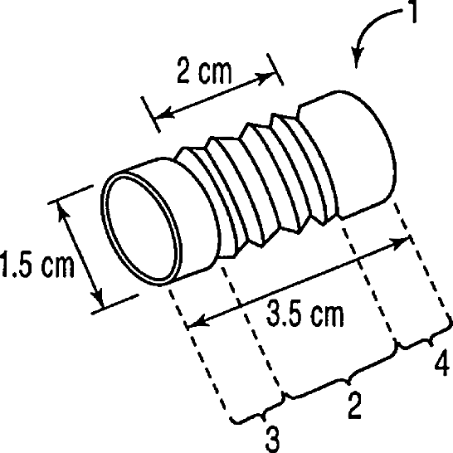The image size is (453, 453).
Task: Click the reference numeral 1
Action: click(x=414, y=12)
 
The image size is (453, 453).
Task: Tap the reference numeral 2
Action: click(x=354, y=405)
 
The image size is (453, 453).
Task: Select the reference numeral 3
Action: click(x=272, y=439)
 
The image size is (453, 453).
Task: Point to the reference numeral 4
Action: click(x=442, y=362)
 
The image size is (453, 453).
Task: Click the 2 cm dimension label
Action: click(x=204, y=71)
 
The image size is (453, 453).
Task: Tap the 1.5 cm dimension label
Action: click(x=37, y=265)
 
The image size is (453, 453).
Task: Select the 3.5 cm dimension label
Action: click(x=304, y=313)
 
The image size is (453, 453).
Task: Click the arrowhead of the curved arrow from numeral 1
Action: click(x=357, y=58)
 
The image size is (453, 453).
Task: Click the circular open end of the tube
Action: click(x=142, y=230)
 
